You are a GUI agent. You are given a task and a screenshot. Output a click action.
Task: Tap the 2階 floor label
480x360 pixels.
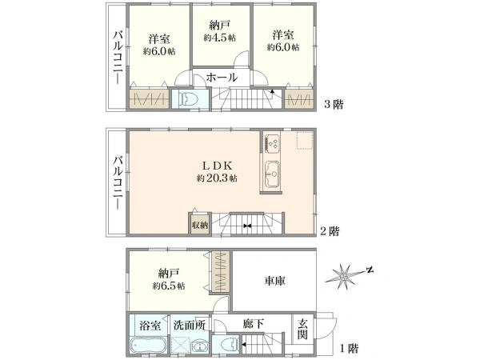[328, 231]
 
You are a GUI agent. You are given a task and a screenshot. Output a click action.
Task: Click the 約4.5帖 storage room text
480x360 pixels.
[219, 38]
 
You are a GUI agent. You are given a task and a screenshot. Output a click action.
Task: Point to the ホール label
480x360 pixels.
[222, 78]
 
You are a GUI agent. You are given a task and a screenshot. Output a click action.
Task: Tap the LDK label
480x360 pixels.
[216, 166]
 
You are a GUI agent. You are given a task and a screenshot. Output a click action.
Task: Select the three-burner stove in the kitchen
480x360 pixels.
[271, 143]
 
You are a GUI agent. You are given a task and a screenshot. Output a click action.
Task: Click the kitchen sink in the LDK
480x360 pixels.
[271, 172]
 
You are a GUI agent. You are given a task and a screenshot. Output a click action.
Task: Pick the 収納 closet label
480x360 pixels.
[199, 225]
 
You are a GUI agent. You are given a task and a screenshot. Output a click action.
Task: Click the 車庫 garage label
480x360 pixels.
[276, 281]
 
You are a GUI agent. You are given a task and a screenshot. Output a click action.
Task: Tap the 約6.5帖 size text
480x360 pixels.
[170, 286]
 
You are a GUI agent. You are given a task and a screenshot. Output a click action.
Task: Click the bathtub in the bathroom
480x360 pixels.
[148, 346]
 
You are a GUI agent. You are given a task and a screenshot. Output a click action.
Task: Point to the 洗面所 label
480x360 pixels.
[190, 326]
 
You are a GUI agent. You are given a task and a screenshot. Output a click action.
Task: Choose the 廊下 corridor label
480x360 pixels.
[254, 325]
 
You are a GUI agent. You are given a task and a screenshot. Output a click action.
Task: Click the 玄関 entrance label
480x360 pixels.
[304, 329]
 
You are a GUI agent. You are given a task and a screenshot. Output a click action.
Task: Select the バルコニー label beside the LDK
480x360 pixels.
[118, 182]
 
